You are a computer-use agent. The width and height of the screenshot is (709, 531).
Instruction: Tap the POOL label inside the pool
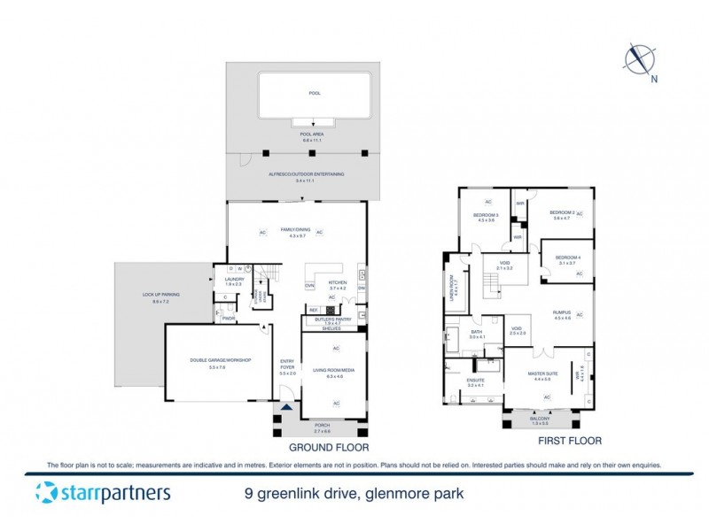pyautogui.click(x=315, y=92)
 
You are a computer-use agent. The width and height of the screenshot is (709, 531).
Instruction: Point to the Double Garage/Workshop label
pyautogui.click(x=221, y=360)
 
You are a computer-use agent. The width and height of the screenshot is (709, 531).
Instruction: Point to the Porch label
pyautogui.click(x=322, y=426)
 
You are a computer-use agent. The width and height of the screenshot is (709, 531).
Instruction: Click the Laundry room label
pyautogui.click(x=233, y=279)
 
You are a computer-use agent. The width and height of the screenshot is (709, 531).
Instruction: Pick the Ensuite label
pyautogui.click(x=477, y=381)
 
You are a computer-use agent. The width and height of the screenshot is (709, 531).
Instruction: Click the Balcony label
pyautogui.click(x=541, y=419)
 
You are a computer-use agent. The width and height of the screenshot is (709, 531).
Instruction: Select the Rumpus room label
pyautogui.click(x=561, y=313)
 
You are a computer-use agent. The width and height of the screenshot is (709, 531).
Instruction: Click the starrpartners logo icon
pyautogui.click(x=45, y=493)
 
